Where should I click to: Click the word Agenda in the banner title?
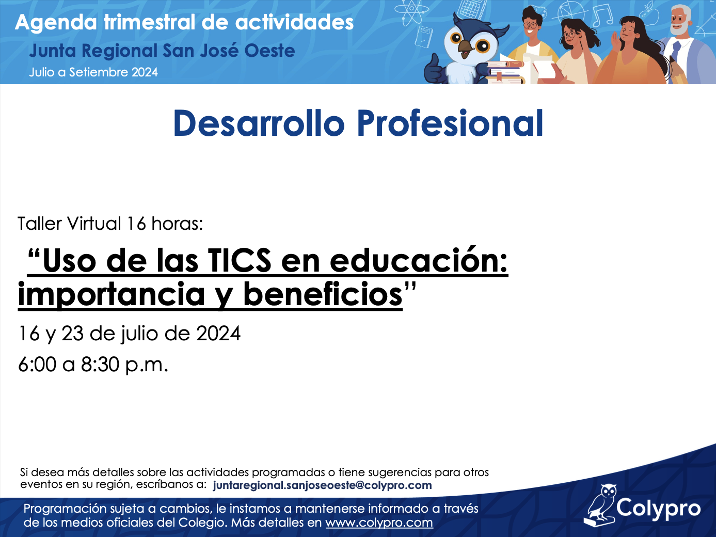(56, 23)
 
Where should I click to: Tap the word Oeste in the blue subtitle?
(270, 51)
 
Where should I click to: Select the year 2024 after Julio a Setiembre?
(145, 72)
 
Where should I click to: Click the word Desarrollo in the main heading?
(259, 123)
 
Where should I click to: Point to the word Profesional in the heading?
(450, 123)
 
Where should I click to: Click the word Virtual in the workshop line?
(94, 224)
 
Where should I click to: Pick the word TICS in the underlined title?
(240, 261)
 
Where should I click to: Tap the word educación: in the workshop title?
(419, 261)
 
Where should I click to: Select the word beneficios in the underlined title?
(323, 294)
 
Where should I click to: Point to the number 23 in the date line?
(72, 334)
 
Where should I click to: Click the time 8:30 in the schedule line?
(100, 365)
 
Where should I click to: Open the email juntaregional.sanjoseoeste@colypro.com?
(322, 485)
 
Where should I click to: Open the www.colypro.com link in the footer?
(379, 523)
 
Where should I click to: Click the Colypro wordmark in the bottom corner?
(658, 508)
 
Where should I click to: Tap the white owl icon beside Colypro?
(601, 505)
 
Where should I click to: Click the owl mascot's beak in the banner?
(465, 48)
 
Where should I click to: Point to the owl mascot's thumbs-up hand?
(435, 69)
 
